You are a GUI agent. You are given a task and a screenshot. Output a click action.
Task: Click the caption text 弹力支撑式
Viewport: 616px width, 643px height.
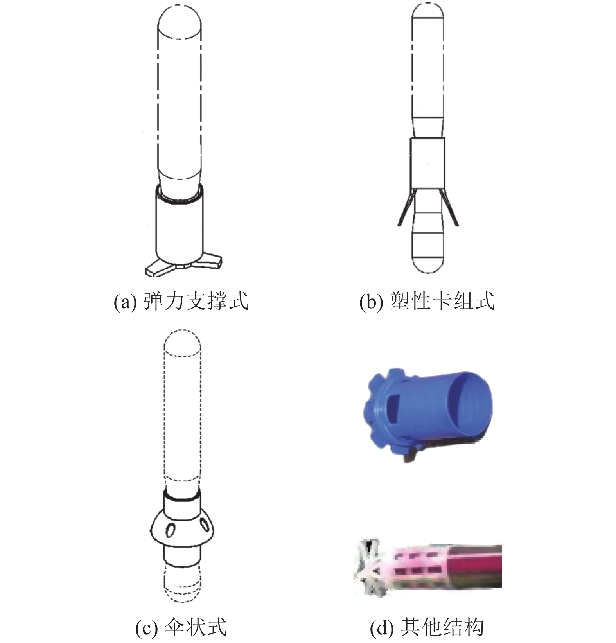[x=196, y=301]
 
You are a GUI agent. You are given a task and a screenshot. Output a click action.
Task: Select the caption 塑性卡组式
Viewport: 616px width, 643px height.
[x=442, y=301]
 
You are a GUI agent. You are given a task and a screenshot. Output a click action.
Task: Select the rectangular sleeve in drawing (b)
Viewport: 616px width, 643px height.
[x=427, y=162]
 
